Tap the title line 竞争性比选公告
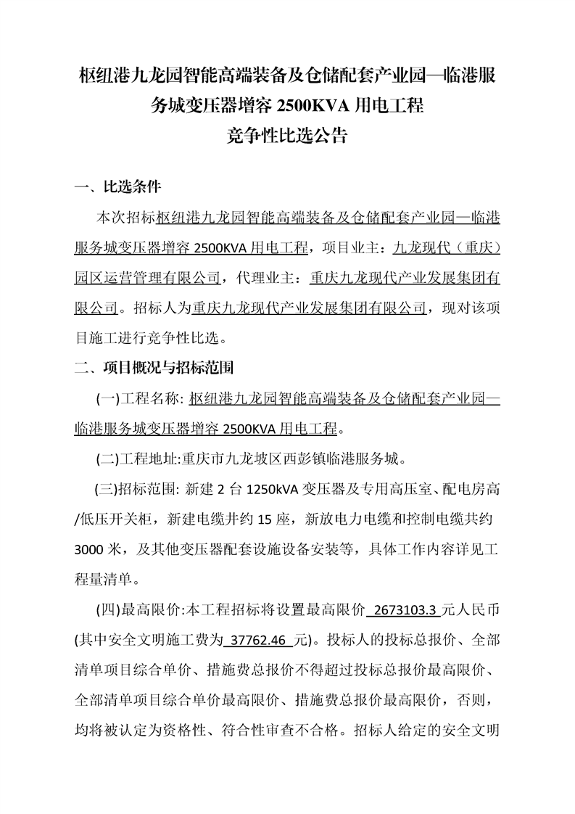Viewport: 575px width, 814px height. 287,136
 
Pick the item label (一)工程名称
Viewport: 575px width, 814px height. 138,398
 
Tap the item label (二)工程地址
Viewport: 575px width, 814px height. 138,459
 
